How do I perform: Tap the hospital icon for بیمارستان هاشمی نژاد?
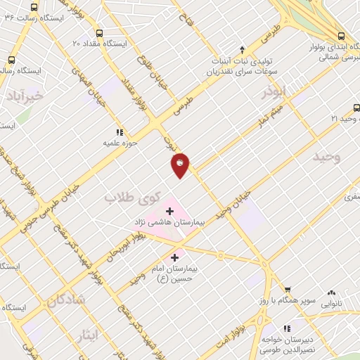pos(169,210)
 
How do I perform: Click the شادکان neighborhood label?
pos(66,301)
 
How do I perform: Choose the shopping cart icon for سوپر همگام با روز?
pos(287,289)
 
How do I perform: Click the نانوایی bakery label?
pos(334,305)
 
